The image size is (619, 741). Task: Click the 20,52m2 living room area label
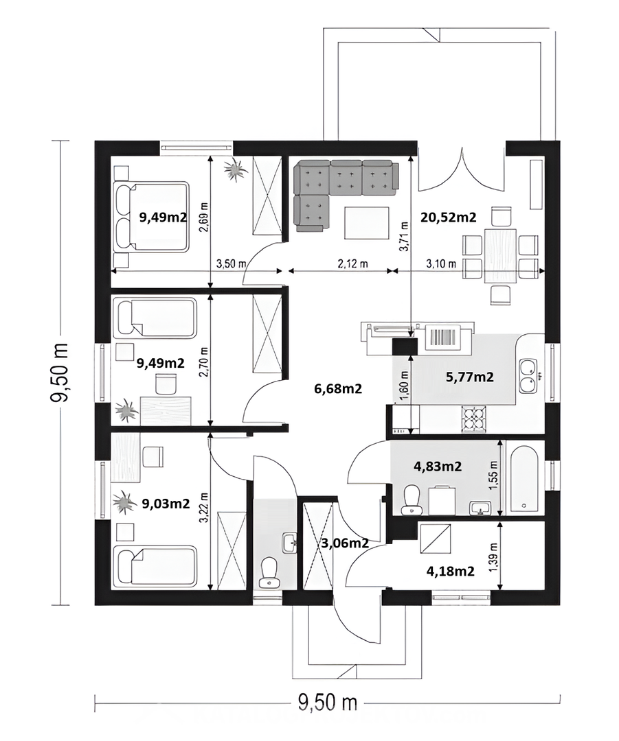(x=449, y=217)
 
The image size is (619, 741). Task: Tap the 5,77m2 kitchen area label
(x=470, y=377)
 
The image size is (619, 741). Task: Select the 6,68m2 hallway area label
(x=338, y=388)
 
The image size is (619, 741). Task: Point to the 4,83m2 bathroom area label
(x=438, y=467)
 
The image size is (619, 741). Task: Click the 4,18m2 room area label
(x=451, y=572)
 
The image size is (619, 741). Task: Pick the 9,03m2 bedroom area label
(x=166, y=504)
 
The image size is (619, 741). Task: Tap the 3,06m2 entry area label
(x=345, y=543)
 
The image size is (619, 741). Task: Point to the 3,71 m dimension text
(x=404, y=236)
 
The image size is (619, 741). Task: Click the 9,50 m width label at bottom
(x=328, y=703)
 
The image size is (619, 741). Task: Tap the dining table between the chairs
(x=500, y=256)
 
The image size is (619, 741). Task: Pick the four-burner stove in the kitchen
(x=474, y=419)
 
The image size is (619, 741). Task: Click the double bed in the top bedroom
(x=151, y=216)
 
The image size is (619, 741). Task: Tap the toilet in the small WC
(x=269, y=573)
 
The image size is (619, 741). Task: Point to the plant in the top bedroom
(x=235, y=169)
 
